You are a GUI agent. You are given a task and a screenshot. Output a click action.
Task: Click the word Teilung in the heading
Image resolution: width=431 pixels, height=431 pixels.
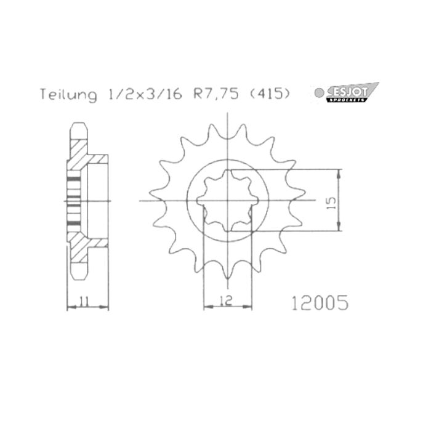[68, 95]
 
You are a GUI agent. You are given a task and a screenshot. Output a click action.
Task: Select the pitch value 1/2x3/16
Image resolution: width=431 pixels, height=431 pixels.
[143, 95]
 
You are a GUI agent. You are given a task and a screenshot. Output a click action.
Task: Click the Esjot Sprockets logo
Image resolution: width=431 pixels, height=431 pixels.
[354, 93]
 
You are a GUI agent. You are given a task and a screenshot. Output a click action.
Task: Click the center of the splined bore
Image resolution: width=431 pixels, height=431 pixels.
[228, 201]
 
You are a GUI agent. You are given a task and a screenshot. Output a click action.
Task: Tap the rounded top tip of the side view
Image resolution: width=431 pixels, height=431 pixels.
[78, 127]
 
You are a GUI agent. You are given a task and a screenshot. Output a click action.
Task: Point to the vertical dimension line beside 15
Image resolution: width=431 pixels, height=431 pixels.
[340, 201]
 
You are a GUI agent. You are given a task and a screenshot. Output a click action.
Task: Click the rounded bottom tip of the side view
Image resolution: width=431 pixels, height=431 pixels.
[78, 275]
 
